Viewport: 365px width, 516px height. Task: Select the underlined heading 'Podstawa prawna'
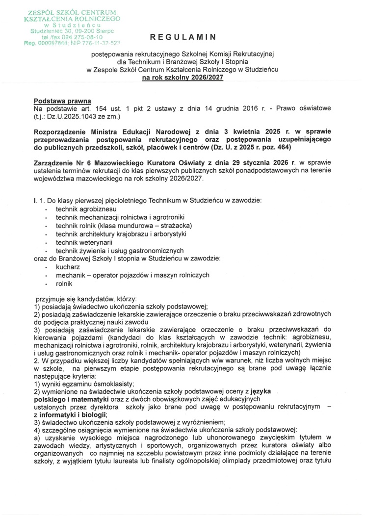coord(62,101)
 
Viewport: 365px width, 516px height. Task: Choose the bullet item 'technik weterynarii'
coord(84,242)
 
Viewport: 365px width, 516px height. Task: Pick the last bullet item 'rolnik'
coord(64,284)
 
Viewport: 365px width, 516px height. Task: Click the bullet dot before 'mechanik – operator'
coord(45,276)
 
